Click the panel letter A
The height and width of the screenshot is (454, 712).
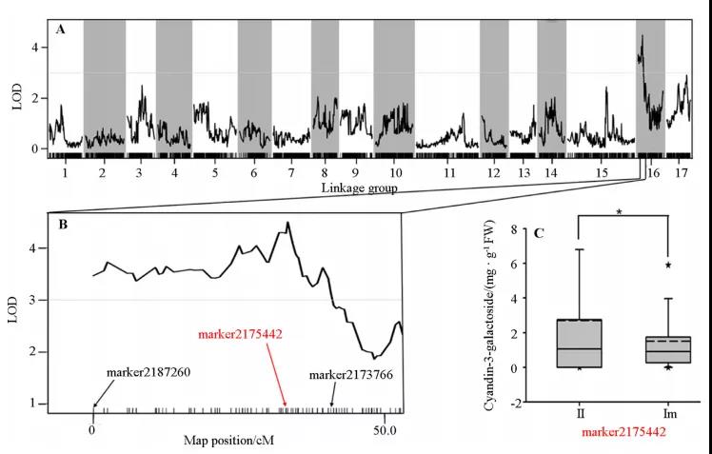(61, 30)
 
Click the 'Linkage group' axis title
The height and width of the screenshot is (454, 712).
(358, 188)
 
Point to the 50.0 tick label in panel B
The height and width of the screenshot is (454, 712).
(384, 429)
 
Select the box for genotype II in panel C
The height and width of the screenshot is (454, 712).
(578, 343)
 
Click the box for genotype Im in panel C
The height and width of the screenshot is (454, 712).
(669, 349)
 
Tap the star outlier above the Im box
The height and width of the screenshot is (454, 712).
(669, 266)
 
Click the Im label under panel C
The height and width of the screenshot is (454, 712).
(669, 416)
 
